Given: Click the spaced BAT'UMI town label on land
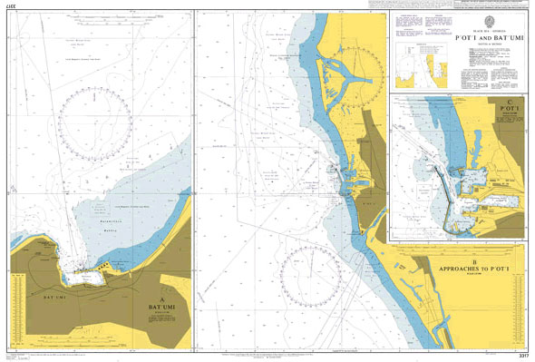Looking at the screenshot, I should click(x=55, y=297).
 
